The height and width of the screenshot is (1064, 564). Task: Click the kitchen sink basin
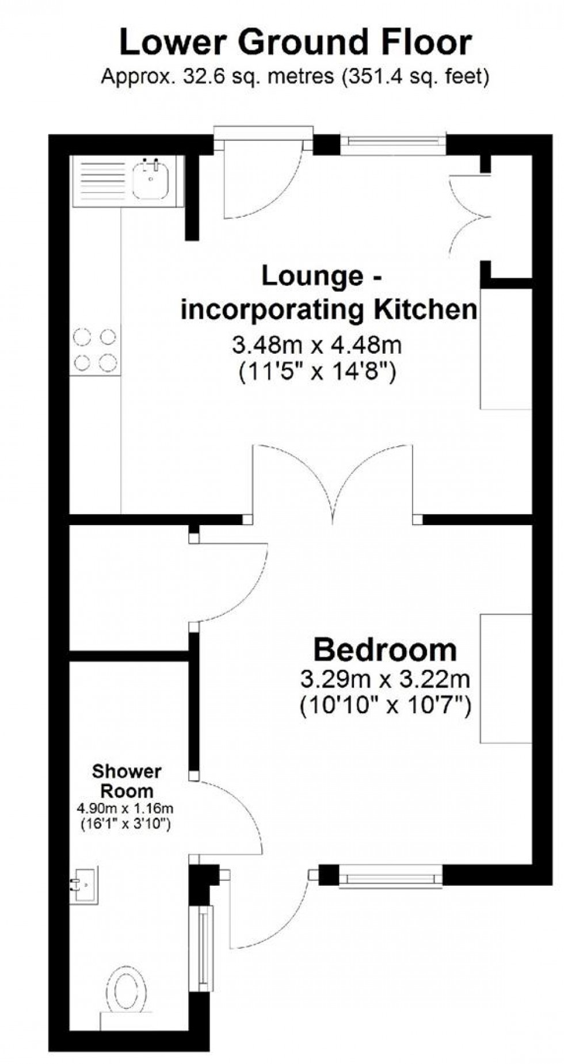[151, 180]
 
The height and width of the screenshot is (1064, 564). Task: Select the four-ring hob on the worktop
[95, 350]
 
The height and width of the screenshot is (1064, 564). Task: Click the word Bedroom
[385, 650]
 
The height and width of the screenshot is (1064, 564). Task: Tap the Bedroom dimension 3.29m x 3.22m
[385, 680]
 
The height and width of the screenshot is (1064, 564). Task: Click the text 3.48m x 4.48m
[317, 346]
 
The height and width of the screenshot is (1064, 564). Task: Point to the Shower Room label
[127, 780]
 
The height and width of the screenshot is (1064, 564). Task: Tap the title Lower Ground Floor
[295, 44]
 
